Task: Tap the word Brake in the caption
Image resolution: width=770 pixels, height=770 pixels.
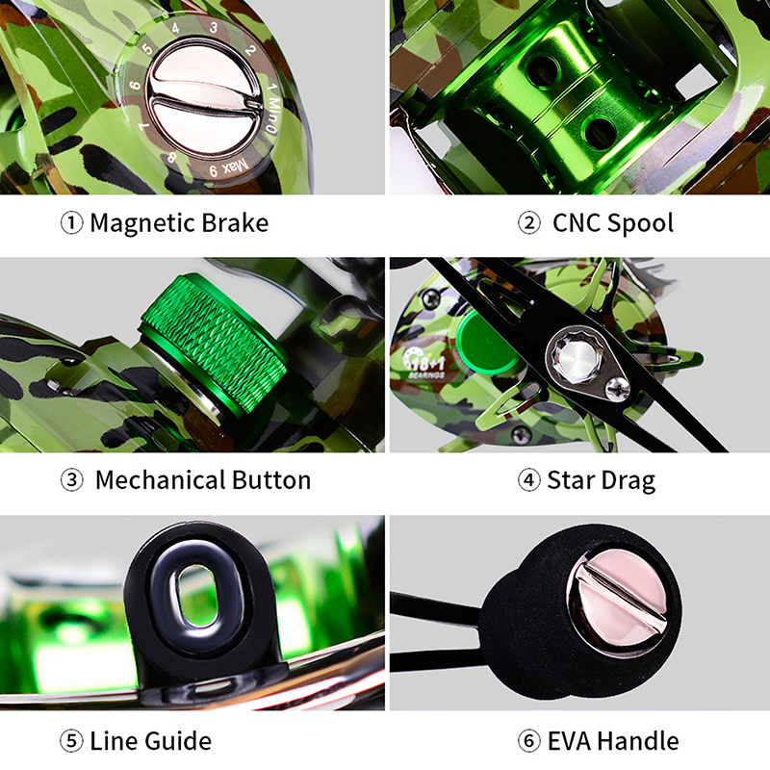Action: coord(235,222)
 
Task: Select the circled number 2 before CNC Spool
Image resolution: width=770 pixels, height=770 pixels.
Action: coord(528,223)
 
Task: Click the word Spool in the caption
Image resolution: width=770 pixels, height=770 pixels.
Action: coord(641,223)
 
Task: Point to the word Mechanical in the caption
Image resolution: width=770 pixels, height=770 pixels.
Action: coord(160,479)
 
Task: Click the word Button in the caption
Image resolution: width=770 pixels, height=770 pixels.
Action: coord(271,479)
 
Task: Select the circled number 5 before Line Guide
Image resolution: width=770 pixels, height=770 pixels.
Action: coord(71,740)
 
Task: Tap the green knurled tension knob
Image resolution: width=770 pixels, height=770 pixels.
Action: coord(214,343)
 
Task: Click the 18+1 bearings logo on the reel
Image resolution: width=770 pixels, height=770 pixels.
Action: coord(424,364)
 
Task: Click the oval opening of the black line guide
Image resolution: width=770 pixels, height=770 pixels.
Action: coord(196,596)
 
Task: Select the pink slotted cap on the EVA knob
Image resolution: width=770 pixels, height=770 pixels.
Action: coord(618,598)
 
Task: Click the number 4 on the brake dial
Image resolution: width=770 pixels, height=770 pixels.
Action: coord(175,29)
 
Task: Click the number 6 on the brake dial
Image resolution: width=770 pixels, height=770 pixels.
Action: coord(135,85)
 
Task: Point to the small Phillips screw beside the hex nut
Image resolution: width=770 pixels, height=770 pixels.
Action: coord(617,389)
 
